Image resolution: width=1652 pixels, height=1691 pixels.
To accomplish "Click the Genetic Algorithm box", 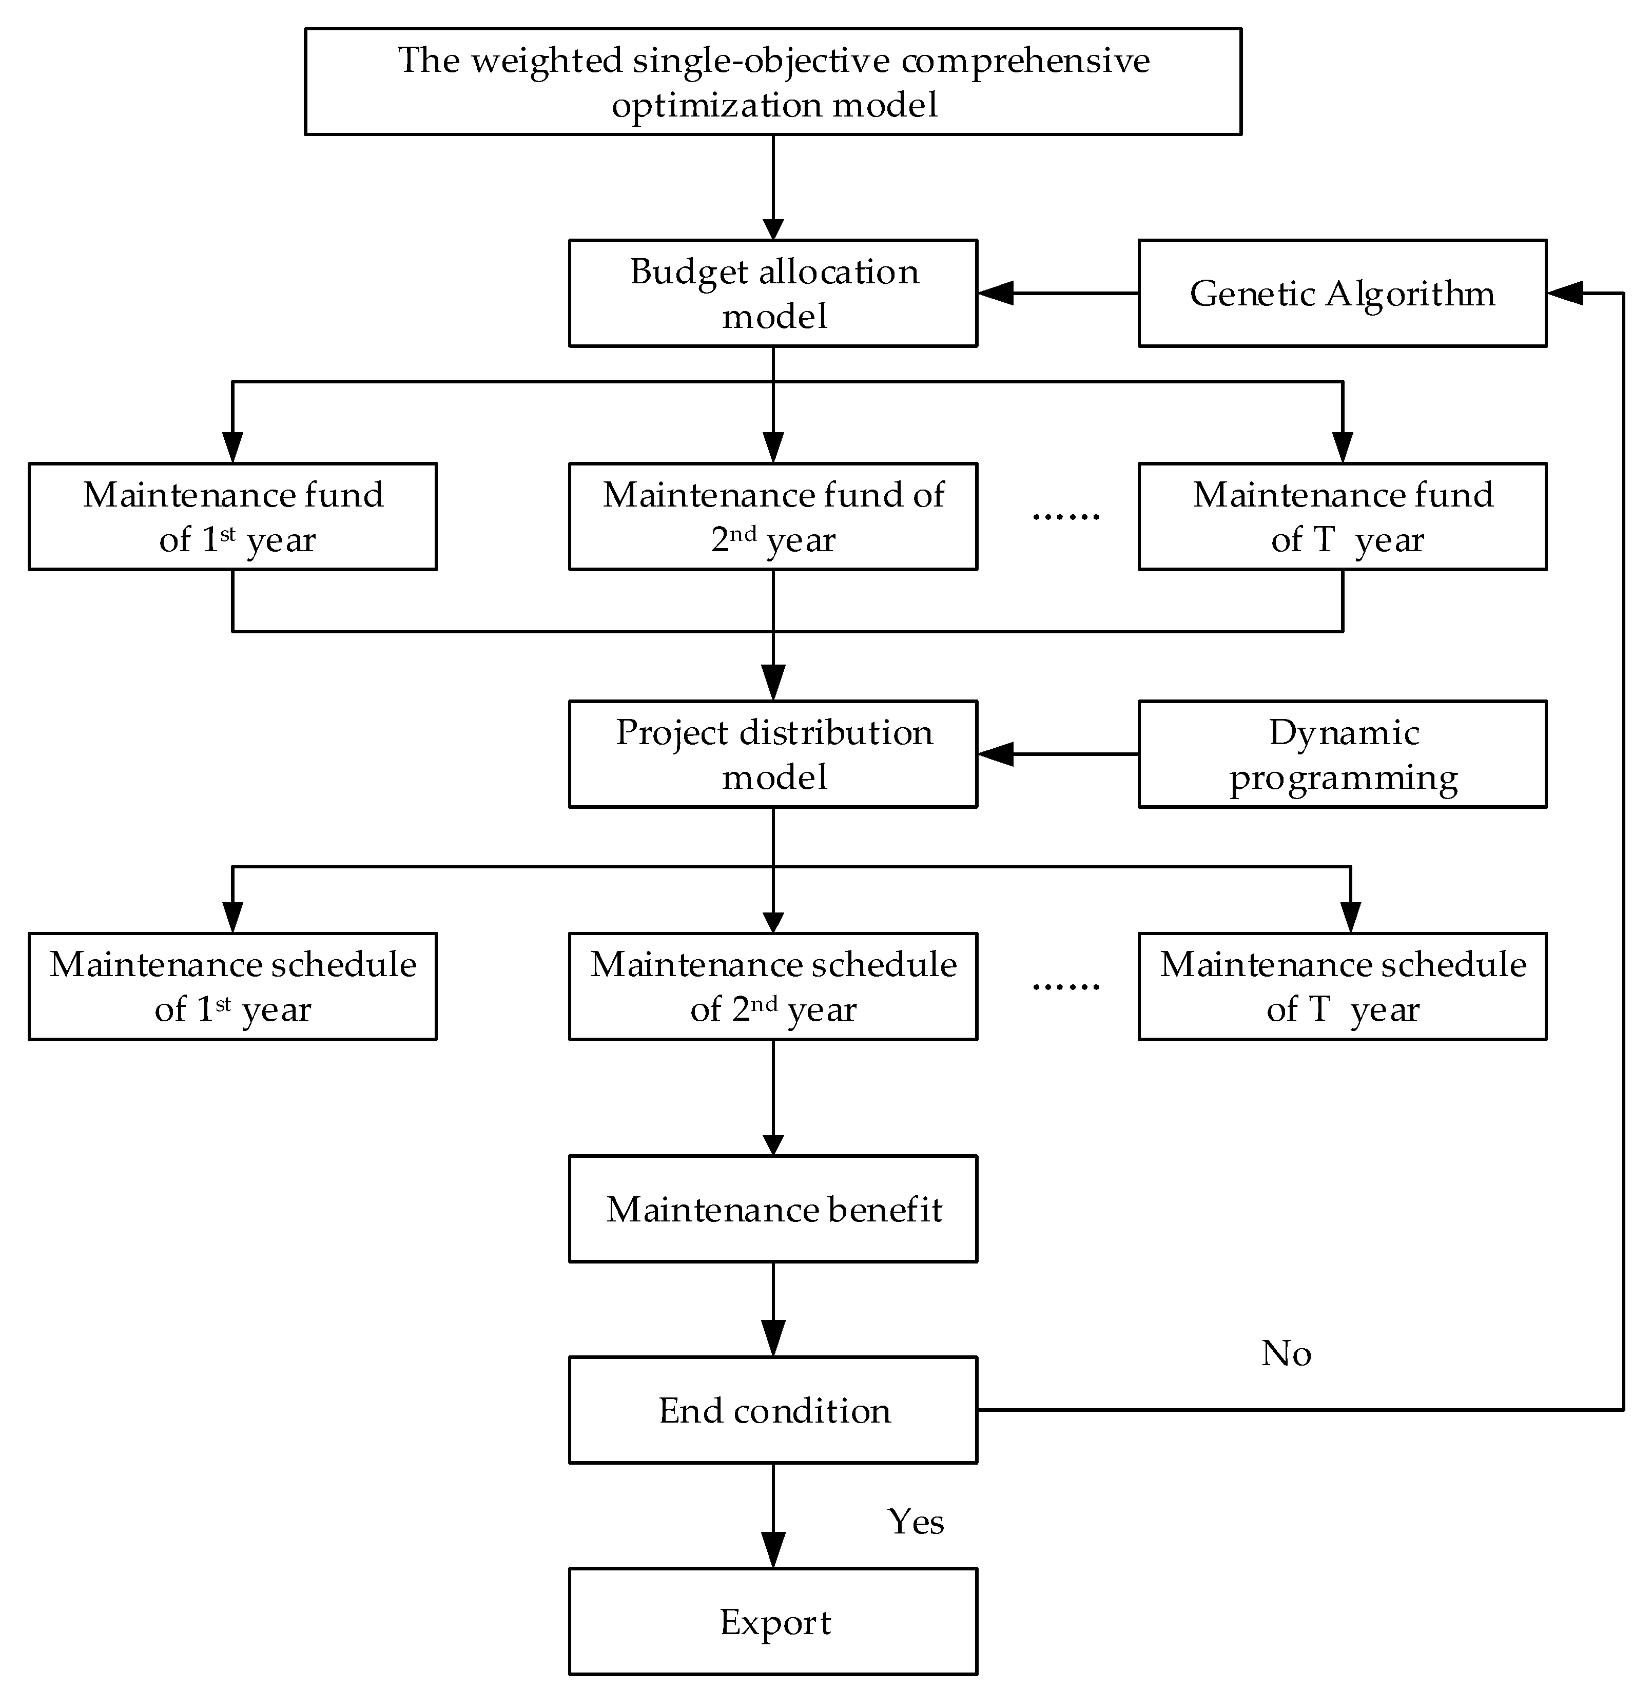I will (1342, 293).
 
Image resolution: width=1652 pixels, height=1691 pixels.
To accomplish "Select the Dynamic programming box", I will (1342, 754).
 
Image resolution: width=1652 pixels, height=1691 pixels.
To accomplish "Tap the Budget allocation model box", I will (772, 293).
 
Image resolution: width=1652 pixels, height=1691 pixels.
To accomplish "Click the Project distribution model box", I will (772, 754).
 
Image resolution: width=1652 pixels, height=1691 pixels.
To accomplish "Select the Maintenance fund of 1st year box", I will (232, 516).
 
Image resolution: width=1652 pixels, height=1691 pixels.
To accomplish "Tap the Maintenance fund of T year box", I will (1342, 516).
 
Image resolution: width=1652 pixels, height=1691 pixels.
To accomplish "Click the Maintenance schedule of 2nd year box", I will (772, 986).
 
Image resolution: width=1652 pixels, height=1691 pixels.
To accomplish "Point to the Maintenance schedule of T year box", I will (1342, 986).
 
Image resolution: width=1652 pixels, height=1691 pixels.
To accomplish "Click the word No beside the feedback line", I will (1286, 1353).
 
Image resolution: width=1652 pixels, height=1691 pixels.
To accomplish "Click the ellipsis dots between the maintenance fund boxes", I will (1065, 516).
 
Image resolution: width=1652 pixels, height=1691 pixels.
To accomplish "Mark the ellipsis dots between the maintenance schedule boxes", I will (1065, 986).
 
